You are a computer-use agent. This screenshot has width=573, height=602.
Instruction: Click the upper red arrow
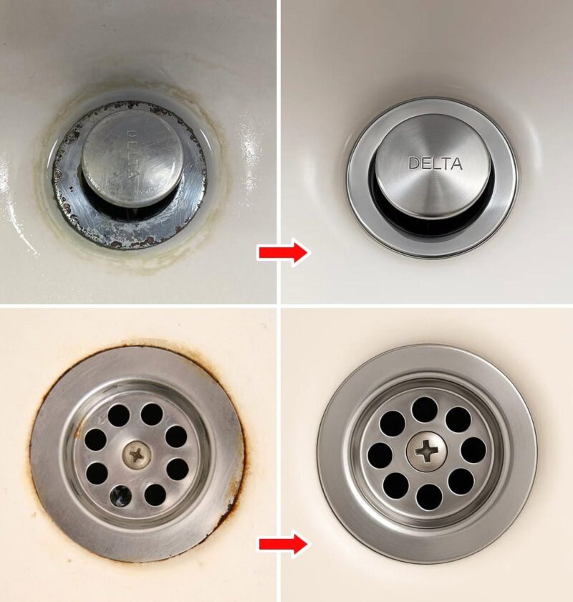(x=283, y=252)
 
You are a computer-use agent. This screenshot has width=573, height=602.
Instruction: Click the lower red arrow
(x=283, y=543)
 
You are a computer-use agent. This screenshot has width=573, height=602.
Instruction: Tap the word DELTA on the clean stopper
(x=435, y=163)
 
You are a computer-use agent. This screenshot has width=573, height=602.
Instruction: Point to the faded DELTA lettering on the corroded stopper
(x=133, y=158)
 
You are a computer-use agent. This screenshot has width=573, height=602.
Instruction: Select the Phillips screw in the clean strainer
(x=425, y=451)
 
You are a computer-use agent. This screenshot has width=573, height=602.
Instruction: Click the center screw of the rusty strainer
(x=137, y=455)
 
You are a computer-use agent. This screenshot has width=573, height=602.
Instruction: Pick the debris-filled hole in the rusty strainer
(x=121, y=496)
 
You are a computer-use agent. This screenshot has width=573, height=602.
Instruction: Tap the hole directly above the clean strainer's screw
(x=424, y=410)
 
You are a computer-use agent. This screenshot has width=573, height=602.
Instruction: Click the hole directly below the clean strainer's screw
(x=429, y=497)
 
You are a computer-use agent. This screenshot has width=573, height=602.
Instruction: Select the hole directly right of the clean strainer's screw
(x=473, y=449)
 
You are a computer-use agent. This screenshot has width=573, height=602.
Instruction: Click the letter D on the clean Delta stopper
(x=414, y=163)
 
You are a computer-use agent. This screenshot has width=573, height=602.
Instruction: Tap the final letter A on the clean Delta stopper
(x=456, y=164)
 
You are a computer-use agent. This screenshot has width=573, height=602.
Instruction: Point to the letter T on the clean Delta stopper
(x=446, y=164)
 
